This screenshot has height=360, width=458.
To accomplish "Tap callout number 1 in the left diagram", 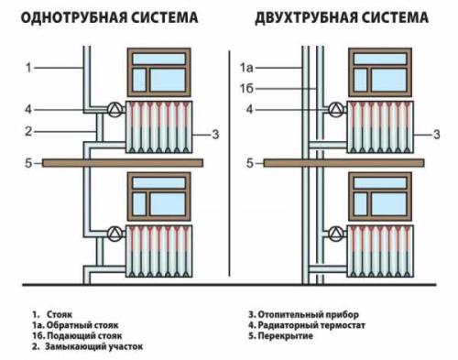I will click(x=28, y=67).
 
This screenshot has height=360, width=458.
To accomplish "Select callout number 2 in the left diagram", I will click(x=28, y=132).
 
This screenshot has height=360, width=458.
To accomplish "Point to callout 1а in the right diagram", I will click(x=245, y=67).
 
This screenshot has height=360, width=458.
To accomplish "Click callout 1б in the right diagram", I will click(x=245, y=88).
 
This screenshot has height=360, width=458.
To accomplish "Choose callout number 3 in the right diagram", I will click(x=440, y=135).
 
